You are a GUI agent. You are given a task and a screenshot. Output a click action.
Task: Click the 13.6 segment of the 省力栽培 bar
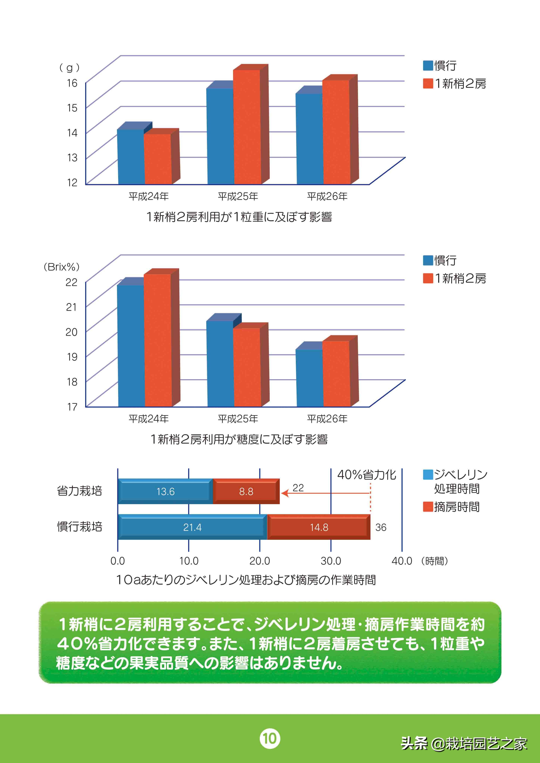coord(165,491)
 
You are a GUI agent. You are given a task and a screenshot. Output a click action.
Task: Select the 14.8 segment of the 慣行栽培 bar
coord(319,527)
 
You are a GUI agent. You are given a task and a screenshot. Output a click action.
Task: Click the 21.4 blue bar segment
coord(192,527)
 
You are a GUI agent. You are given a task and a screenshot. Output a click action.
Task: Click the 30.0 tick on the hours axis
coord(331,561)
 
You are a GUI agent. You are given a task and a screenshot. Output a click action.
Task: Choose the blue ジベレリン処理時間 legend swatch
coord(428,475)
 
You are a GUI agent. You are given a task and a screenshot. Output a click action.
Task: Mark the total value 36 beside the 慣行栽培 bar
coord(381,528)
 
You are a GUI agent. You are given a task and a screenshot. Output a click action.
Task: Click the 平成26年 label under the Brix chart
coord(327,419)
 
